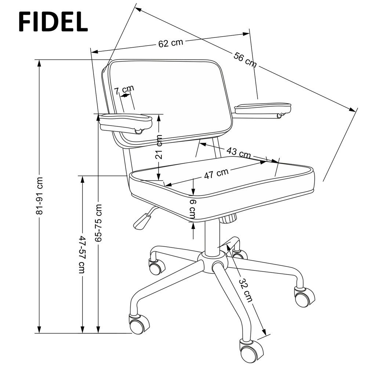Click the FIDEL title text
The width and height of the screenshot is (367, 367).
tap(53, 21)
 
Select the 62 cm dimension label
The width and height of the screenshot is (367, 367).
tap(170, 43)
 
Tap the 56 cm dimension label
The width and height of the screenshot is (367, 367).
tap(245, 60)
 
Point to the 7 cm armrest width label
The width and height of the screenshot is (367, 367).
tap(124, 90)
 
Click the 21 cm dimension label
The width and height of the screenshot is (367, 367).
tap(159, 147)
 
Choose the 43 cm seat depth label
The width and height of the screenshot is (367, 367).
tap(239, 152)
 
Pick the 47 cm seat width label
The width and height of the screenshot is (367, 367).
tap(216, 174)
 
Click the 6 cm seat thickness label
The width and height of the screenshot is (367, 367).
tap(192, 209)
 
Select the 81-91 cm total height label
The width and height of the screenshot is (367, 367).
tap(39, 196)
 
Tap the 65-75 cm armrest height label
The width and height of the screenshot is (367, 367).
tap(98, 223)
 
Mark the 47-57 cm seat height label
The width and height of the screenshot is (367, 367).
tap(82, 254)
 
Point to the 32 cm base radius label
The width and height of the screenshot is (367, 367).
tap(246, 290)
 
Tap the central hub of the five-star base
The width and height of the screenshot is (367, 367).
tap(212, 262)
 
